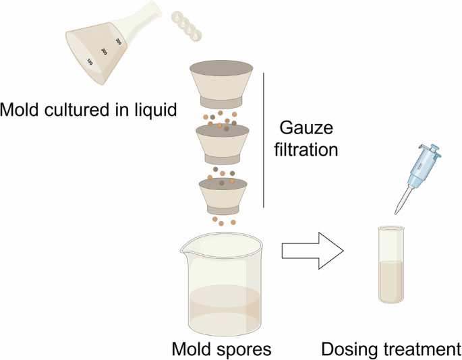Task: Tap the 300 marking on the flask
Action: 119,42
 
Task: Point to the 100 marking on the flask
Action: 90,62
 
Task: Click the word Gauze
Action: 306,128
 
